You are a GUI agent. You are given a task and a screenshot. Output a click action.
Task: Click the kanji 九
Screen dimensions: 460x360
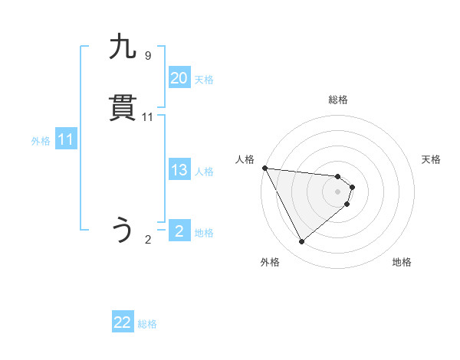click(123, 47)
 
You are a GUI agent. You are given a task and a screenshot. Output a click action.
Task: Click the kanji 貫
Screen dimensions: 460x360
click(123, 109)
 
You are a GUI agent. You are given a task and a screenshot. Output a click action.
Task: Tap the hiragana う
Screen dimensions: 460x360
click(123, 231)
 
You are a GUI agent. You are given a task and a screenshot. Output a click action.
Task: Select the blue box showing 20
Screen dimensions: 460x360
click(179, 78)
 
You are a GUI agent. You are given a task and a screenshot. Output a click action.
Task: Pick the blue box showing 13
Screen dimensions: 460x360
click(179, 171)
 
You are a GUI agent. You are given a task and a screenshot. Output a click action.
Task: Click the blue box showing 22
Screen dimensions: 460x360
click(123, 323)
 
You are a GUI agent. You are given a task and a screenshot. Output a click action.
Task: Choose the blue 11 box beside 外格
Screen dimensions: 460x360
click(66, 140)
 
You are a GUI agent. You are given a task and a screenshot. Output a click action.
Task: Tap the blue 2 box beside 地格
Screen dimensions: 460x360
click(179, 231)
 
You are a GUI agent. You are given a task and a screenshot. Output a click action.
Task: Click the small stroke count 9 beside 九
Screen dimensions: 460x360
click(148, 56)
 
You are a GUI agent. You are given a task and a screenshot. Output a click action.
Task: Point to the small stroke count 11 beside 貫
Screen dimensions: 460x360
click(148, 117)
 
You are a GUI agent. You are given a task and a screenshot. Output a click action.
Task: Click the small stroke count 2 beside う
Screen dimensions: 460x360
click(148, 240)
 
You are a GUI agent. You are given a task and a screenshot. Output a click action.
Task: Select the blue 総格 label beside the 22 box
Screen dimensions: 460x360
click(147, 325)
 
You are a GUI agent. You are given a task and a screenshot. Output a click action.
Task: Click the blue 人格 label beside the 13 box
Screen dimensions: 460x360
click(204, 172)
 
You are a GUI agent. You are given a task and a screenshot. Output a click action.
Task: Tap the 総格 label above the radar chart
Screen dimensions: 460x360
click(338, 100)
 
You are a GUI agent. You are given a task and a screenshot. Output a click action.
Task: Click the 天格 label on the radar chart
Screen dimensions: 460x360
click(431, 159)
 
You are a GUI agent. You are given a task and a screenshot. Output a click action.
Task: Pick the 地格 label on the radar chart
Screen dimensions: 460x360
click(402, 262)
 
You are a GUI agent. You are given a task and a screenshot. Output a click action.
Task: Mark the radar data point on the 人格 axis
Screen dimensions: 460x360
click(264, 168)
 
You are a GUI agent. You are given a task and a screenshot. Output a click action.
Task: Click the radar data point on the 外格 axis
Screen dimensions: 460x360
click(301, 242)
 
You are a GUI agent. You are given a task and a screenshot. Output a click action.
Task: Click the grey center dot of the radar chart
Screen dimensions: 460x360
click(338, 191)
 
